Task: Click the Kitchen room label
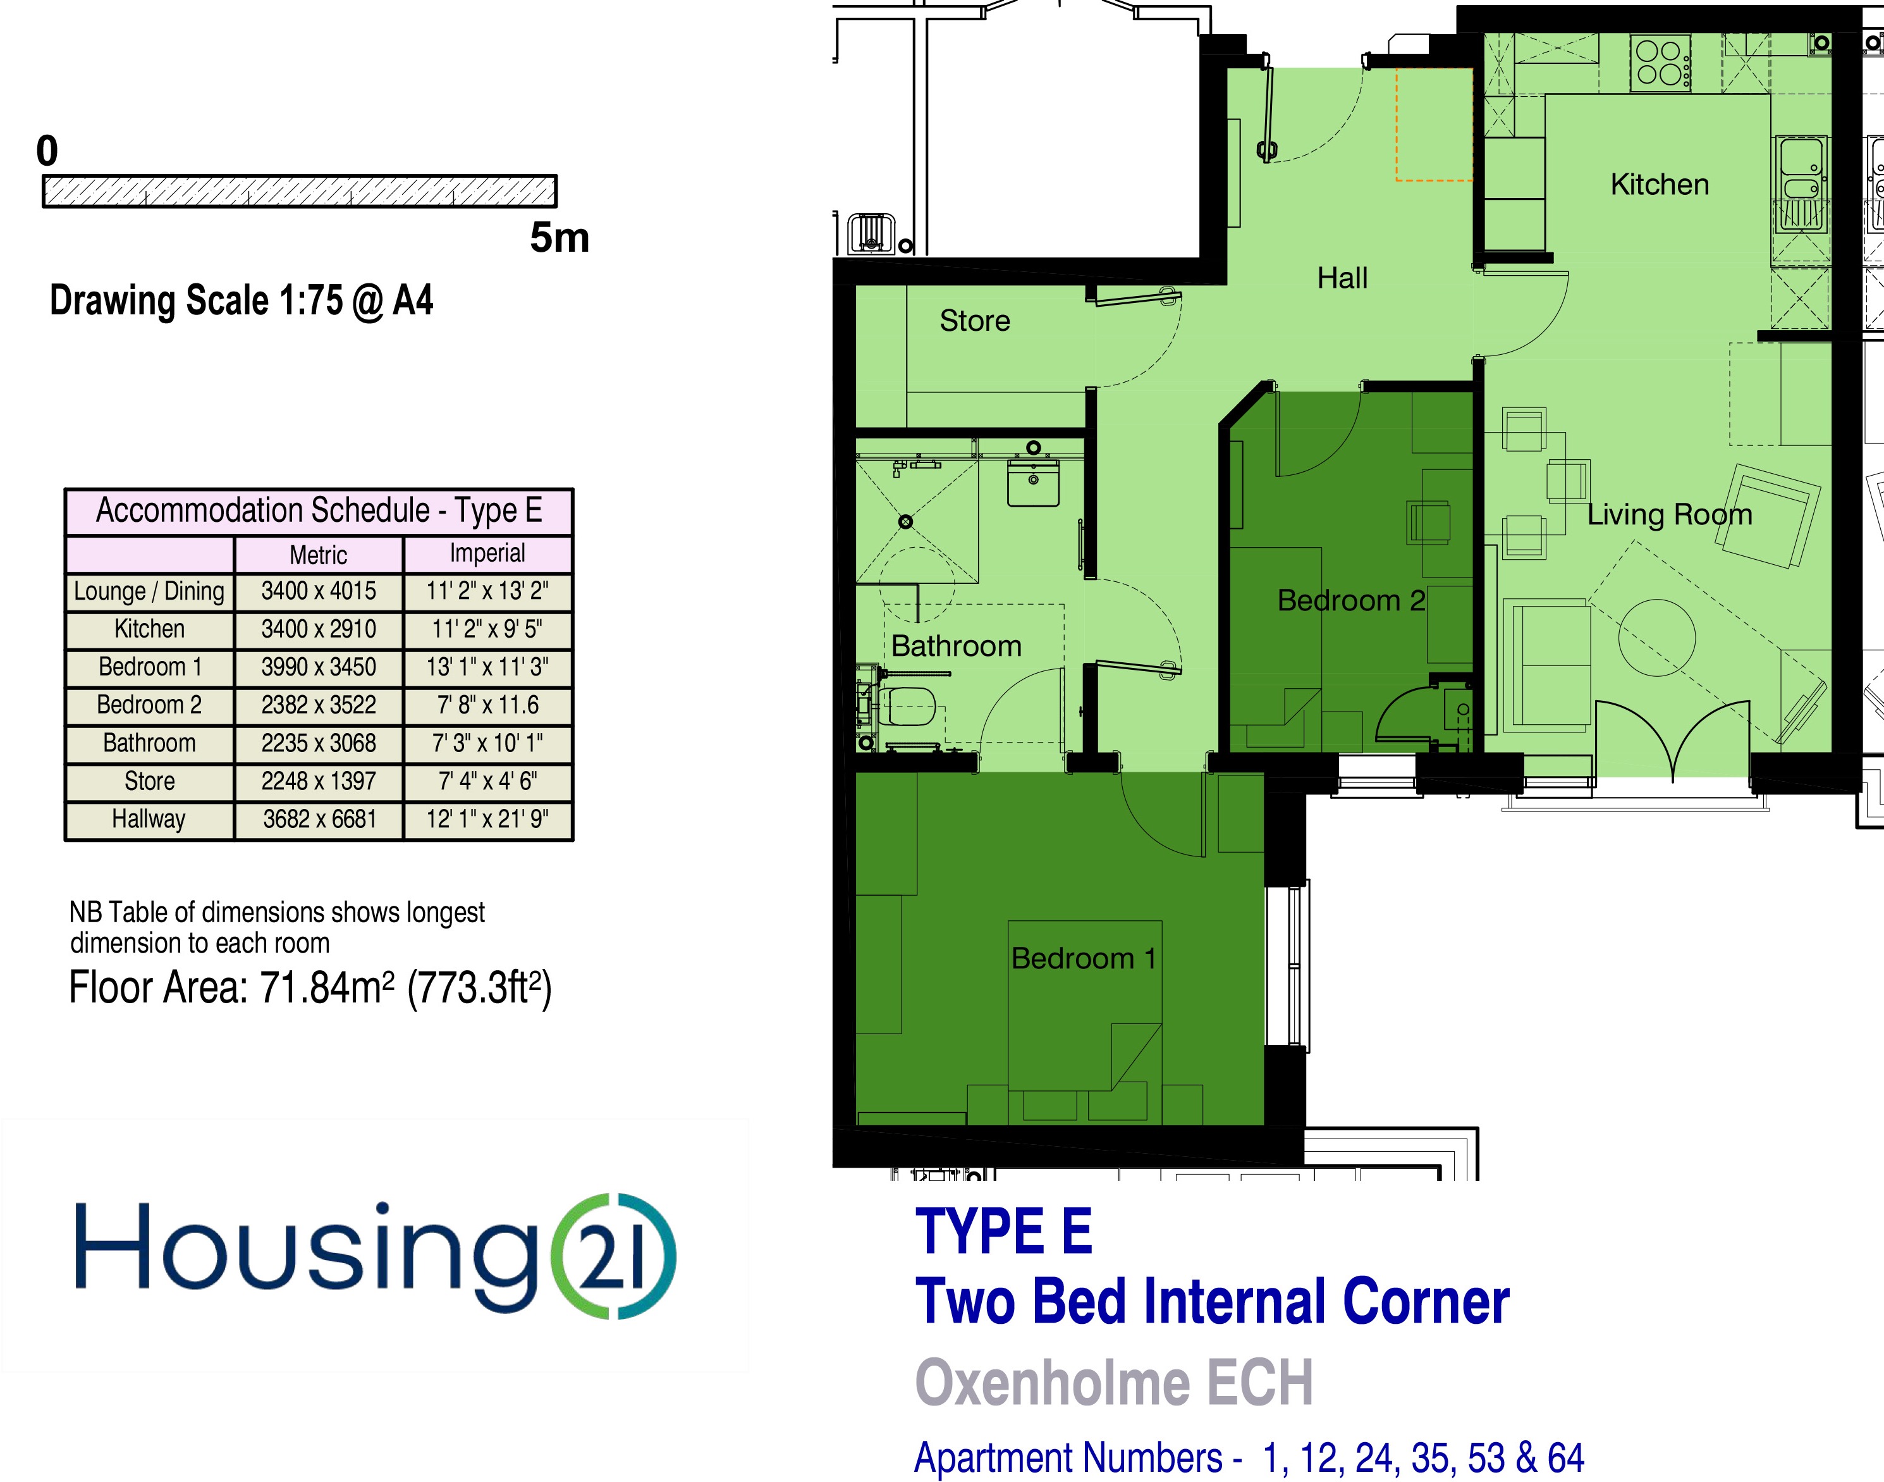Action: tap(1660, 184)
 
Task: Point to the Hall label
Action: tap(1342, 278)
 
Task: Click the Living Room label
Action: tap(1670, 514)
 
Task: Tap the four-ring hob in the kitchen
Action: tap(1660, 63)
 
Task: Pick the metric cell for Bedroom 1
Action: tap(319, 667)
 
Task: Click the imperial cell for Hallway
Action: tap(487, 819)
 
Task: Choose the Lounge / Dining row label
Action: tap(149, 591)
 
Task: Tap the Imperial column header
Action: tap(487, 553)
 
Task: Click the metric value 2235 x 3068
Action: tap(319, 743)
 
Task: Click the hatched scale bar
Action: tap(299, 191)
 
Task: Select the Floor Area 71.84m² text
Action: tap(310, 987)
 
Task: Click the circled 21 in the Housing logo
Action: tap(614, 1257)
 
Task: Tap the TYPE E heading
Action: tap(1003, 1232)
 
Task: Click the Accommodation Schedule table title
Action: tap(319, 511)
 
